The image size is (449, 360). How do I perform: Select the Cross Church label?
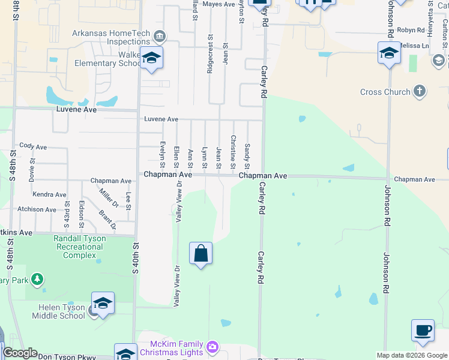tap(385, 92)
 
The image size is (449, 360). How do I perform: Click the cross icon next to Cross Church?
tap(420, 92)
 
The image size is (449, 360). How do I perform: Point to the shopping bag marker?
tap(200, 253)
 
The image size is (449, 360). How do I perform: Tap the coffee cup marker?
tap(423, 331)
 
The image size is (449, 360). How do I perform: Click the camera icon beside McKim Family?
tap(211, 347)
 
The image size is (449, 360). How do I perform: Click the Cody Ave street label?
tap(33, 146)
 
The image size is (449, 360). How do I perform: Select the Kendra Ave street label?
tap(50, 194)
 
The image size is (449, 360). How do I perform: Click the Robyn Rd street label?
tap(411, 29)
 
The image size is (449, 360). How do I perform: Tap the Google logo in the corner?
tap(20, 353)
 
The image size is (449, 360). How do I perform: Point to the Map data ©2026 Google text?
tap(411, 355)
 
